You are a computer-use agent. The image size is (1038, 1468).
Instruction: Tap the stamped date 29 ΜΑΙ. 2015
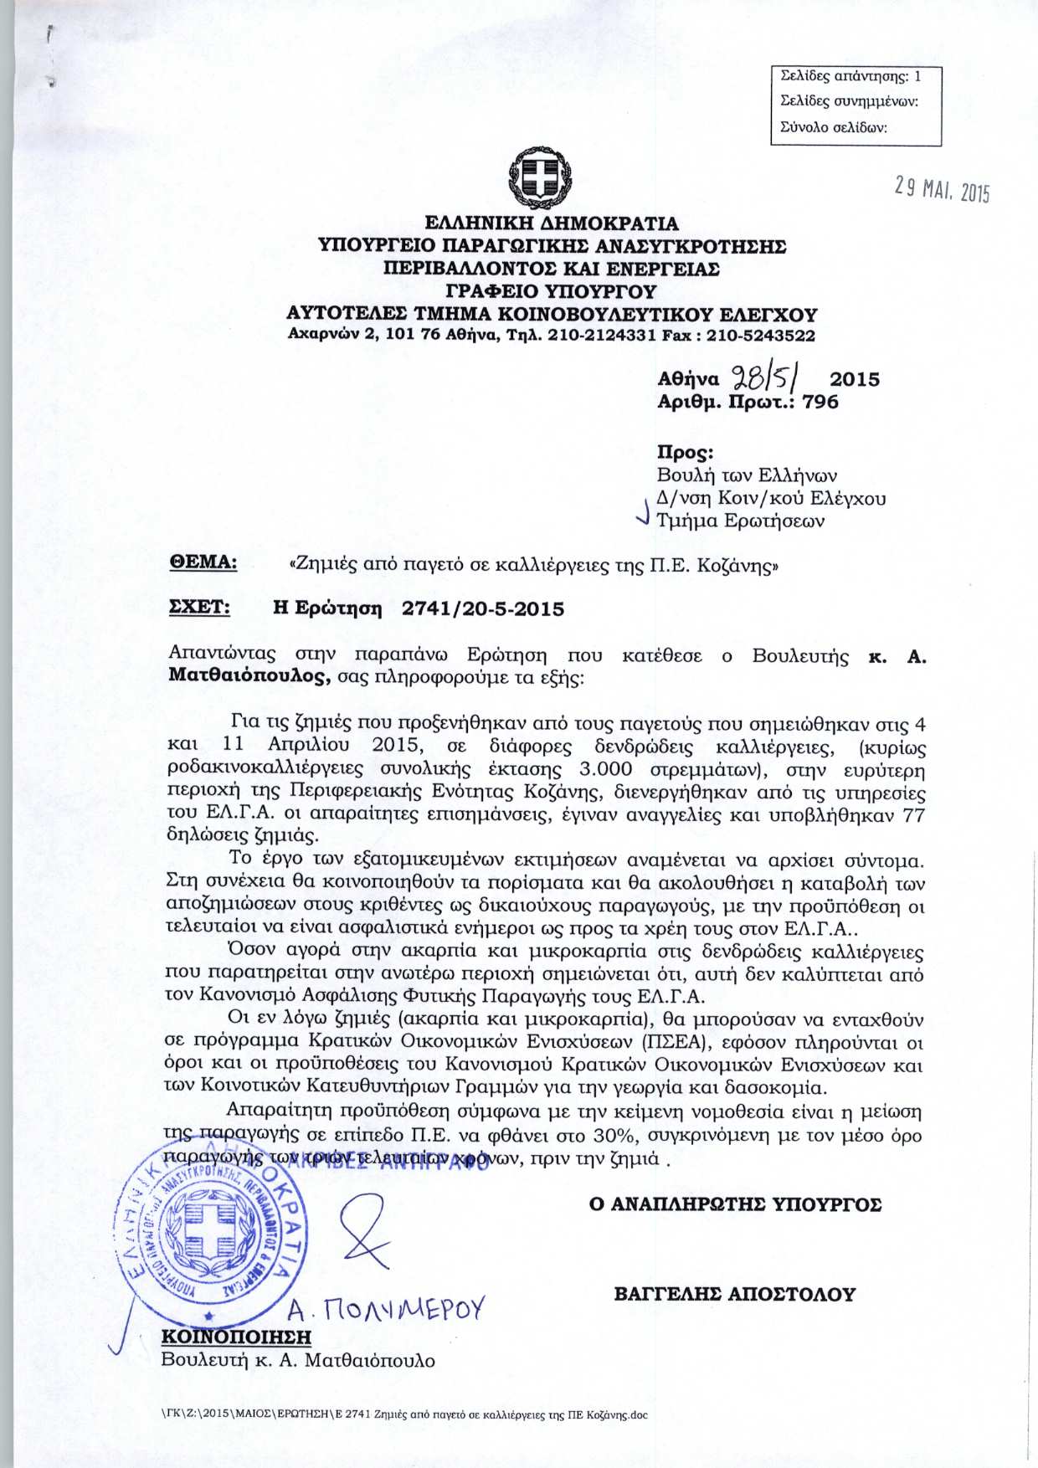coord(941,191)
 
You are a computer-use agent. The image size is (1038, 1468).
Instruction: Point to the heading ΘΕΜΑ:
coord(203,562)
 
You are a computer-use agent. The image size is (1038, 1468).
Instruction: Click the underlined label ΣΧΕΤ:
coord(200,607)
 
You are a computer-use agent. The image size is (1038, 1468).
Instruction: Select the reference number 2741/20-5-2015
coord(483,608)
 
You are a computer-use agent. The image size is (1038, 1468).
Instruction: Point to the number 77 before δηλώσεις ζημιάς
coord(913,814)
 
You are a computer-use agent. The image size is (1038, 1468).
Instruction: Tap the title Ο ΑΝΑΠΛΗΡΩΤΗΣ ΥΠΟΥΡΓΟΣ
coord(735,1204)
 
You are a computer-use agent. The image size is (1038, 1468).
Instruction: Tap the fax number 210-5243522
coord(761,336)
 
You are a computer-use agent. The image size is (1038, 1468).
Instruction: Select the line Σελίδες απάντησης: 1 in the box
coord(850,76)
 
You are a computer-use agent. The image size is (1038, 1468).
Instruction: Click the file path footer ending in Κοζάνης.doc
coord(404,1415)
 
